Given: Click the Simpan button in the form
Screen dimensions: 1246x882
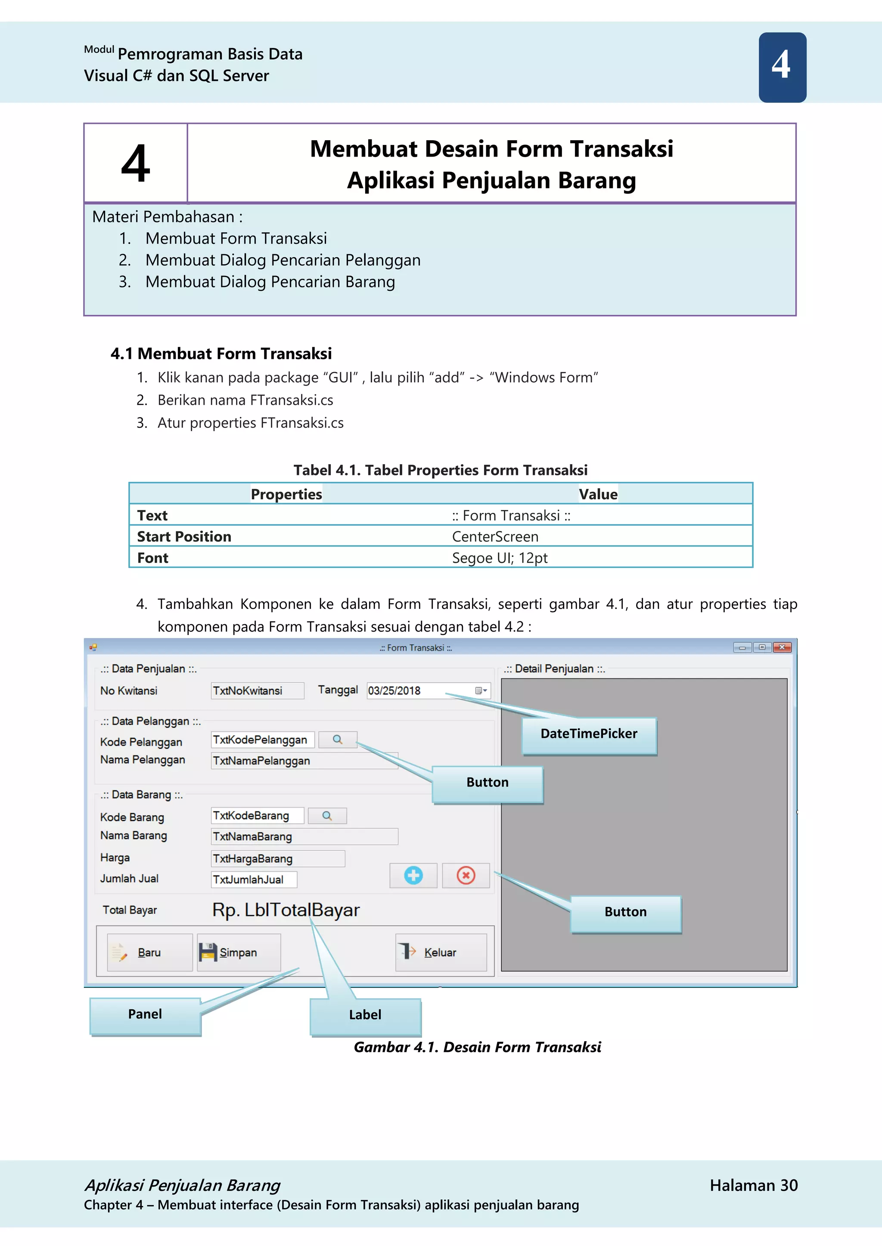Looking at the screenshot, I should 239,953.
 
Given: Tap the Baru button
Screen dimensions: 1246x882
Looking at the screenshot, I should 149,953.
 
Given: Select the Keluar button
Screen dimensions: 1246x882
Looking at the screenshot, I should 441,953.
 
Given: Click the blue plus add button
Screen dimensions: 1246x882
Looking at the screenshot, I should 413,876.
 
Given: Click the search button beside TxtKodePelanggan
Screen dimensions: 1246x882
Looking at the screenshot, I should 337,740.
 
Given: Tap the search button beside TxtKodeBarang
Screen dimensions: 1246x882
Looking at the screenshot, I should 327,816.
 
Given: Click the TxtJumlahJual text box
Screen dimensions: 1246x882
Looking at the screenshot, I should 254,880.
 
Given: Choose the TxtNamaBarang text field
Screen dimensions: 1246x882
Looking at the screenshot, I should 304,837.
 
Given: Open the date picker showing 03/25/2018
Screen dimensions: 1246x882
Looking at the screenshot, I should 481,691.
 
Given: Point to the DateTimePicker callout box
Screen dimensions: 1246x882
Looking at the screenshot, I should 589,734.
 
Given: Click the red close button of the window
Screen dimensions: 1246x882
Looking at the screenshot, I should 782,647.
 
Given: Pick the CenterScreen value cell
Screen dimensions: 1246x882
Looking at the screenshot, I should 495,537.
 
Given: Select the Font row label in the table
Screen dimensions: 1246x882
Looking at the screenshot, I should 152,558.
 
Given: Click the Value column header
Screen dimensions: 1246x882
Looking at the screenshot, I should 598,494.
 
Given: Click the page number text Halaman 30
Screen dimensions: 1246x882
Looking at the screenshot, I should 753,1185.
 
